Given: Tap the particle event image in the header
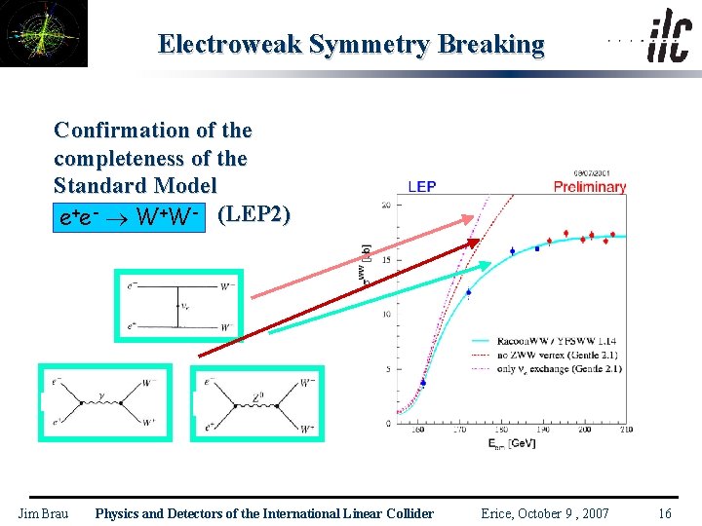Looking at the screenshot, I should tap(44, 34).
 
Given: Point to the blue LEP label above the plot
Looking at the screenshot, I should tap(421, 186).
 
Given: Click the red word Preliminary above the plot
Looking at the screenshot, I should tap(589, 187).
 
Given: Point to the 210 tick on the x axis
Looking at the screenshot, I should tap(625, 430).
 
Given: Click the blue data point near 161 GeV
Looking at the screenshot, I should tap(423, 383).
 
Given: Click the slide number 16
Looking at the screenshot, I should tap(664, 513).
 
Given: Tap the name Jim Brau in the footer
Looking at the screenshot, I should tap(43, 513).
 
